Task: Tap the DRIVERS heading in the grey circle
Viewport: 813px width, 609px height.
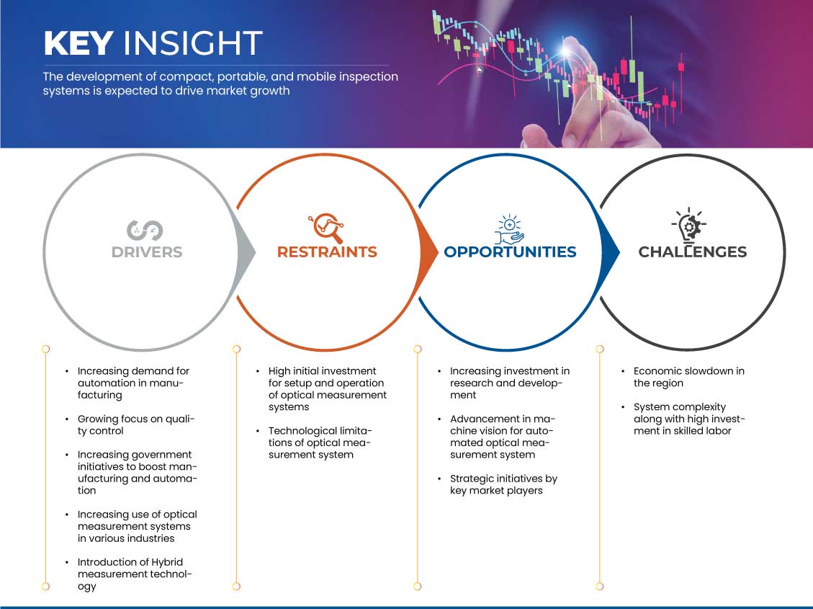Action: point(147,252)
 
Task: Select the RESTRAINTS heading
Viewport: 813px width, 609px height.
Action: point(327,252)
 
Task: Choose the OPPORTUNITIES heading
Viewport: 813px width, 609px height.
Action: point(510,252)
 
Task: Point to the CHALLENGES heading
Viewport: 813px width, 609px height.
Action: point(693,252)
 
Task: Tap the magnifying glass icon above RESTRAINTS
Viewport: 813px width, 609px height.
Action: point(325,228)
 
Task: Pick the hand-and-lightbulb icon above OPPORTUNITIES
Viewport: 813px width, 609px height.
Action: point(509,228)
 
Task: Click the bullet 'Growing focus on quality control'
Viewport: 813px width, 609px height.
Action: point(137,425)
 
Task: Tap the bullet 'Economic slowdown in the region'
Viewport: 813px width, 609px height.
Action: point(689,377)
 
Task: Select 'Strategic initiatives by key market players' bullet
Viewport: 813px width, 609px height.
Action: point(504,484)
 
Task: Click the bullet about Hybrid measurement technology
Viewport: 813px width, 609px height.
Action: point(135,574)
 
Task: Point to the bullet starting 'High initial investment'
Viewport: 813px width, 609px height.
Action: point(328,389)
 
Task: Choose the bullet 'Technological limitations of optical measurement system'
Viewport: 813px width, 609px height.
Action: point(320,443)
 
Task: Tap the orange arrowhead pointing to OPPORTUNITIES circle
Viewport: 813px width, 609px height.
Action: point(430,252)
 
